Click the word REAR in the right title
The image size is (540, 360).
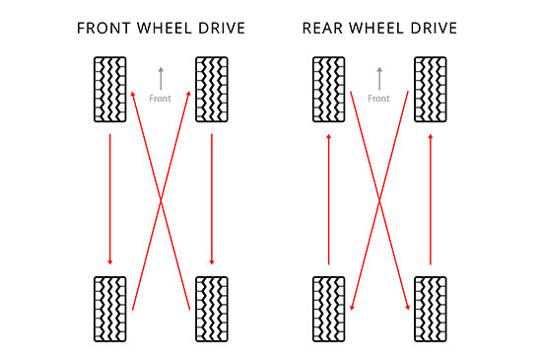(x=323, y=28)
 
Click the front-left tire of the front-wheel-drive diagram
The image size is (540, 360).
(x=109, y=90)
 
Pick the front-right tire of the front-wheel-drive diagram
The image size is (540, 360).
(x=212, y=90)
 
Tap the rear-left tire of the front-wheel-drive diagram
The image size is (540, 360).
(x=109, y=309)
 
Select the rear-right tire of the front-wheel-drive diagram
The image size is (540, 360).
(x=212, y=309)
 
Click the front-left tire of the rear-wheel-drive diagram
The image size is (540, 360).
(x=328, y=90)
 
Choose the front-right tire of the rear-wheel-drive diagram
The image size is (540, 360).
(x=431, y=90)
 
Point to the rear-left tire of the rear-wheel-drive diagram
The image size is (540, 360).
(x=328, y=309)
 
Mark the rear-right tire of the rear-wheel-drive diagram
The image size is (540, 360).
(x=431, y=309)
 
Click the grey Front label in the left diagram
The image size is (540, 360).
(x=160, y=99)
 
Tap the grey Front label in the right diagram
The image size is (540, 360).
(x=378, y=99)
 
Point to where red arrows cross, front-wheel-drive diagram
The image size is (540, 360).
(x=161, y=201)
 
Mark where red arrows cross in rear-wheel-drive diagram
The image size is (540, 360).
(x=379, y=201)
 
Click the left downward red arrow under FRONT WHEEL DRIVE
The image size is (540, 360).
(x=109, y=197)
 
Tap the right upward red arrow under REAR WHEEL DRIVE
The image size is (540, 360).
(x=431, y=197)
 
